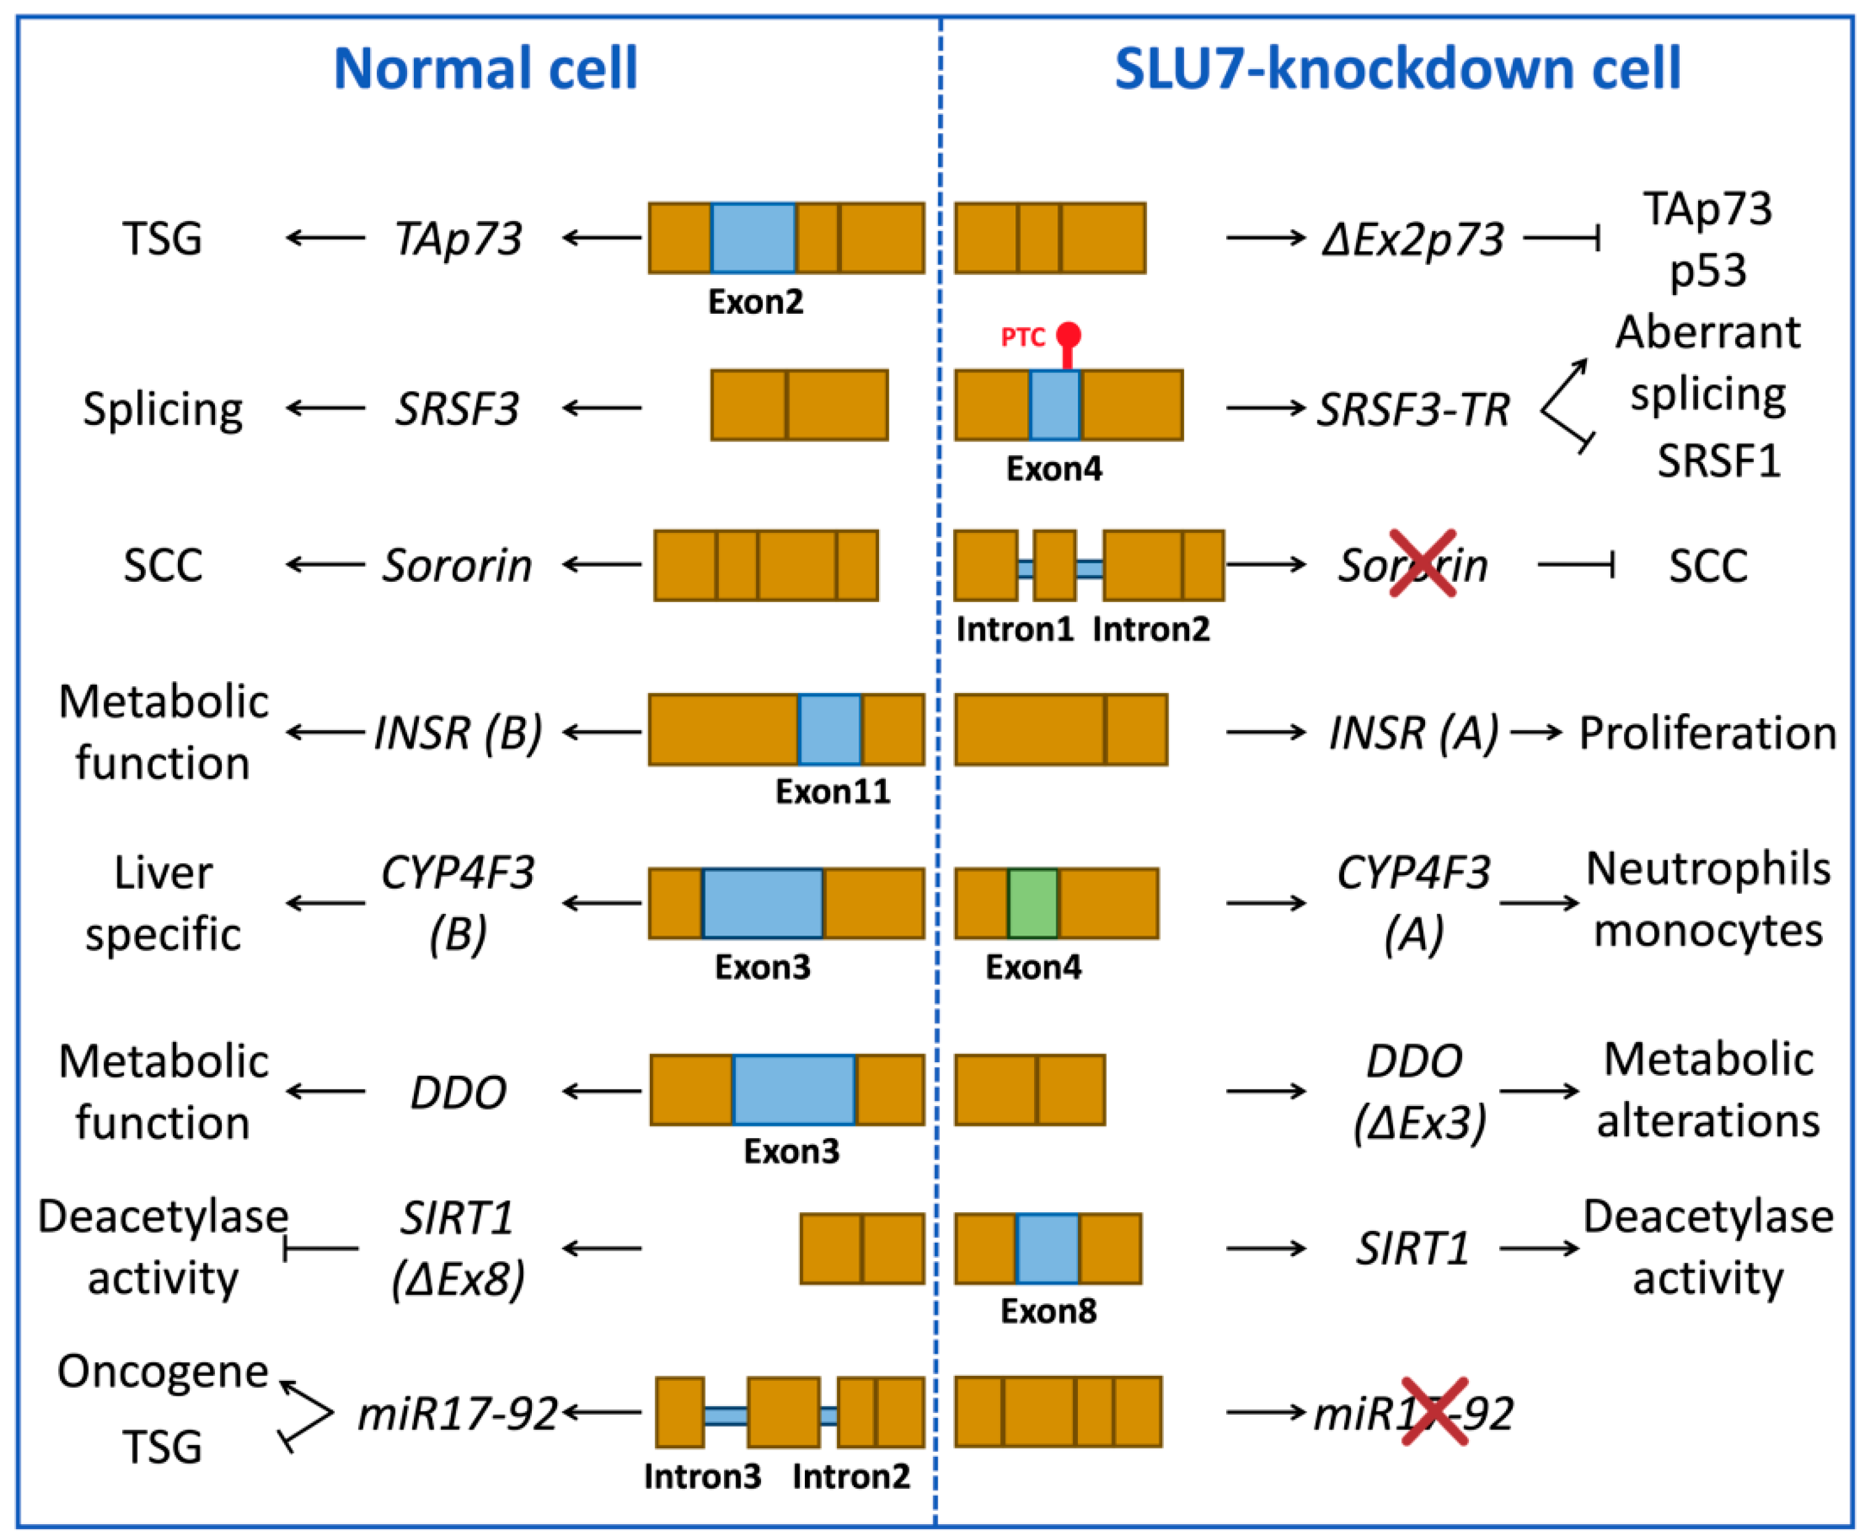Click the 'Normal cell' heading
coord(485,69)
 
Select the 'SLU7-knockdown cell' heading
coord(1397,69)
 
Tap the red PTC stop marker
coord(1068,337)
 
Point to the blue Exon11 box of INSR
coord(829,729)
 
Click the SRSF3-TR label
coord(1412,409)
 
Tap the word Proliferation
coord(1707,733)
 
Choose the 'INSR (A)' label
coord(1412,732)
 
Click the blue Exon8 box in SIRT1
coord(1047,1248)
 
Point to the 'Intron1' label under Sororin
coord(1014,629)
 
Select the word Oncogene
coord(162,1372)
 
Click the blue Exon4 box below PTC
coord(1054,405)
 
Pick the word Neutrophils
coord(1707,869)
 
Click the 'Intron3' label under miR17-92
coord(702,1476)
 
